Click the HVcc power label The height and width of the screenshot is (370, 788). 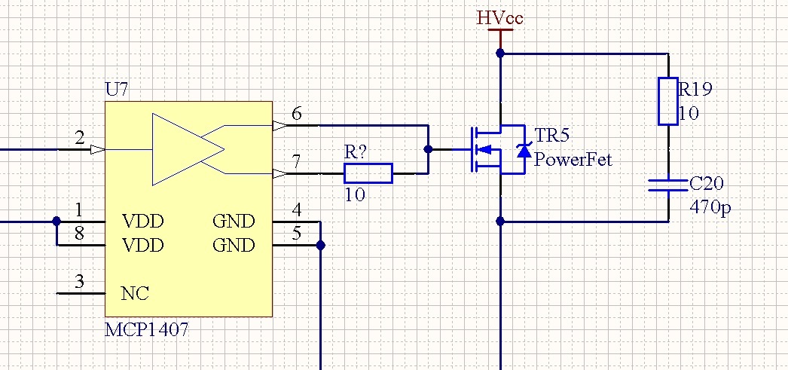[x=500, y=18]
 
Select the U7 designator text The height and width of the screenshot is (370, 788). [x=117, y=90]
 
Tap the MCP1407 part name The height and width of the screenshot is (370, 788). [x=147, y=330]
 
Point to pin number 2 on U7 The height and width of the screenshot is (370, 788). [x=79, y=137]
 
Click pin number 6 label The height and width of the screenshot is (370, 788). [x=297, y=114]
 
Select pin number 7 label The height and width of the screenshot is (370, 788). [x=297, y=162]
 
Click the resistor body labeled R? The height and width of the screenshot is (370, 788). [x=368, y=173]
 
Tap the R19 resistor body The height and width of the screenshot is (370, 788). [x=668, y=101]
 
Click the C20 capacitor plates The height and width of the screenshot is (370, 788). [x=668, y=185]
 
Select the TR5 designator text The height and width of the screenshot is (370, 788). [x=551, y=135]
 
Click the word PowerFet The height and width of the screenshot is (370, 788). [x=573, y=159]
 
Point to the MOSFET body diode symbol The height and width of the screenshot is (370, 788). [x=524, y=150]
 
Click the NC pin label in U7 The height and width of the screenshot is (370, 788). [x=135, y=294]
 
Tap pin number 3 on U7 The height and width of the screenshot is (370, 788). [x=79, y=282]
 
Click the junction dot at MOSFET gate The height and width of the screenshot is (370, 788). [x=428, y=149]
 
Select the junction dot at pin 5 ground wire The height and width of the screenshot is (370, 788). [x=320, y=246]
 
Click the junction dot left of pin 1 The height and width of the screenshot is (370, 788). [x=57, y=222]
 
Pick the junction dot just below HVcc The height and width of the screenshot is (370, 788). [x=500, y=53]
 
